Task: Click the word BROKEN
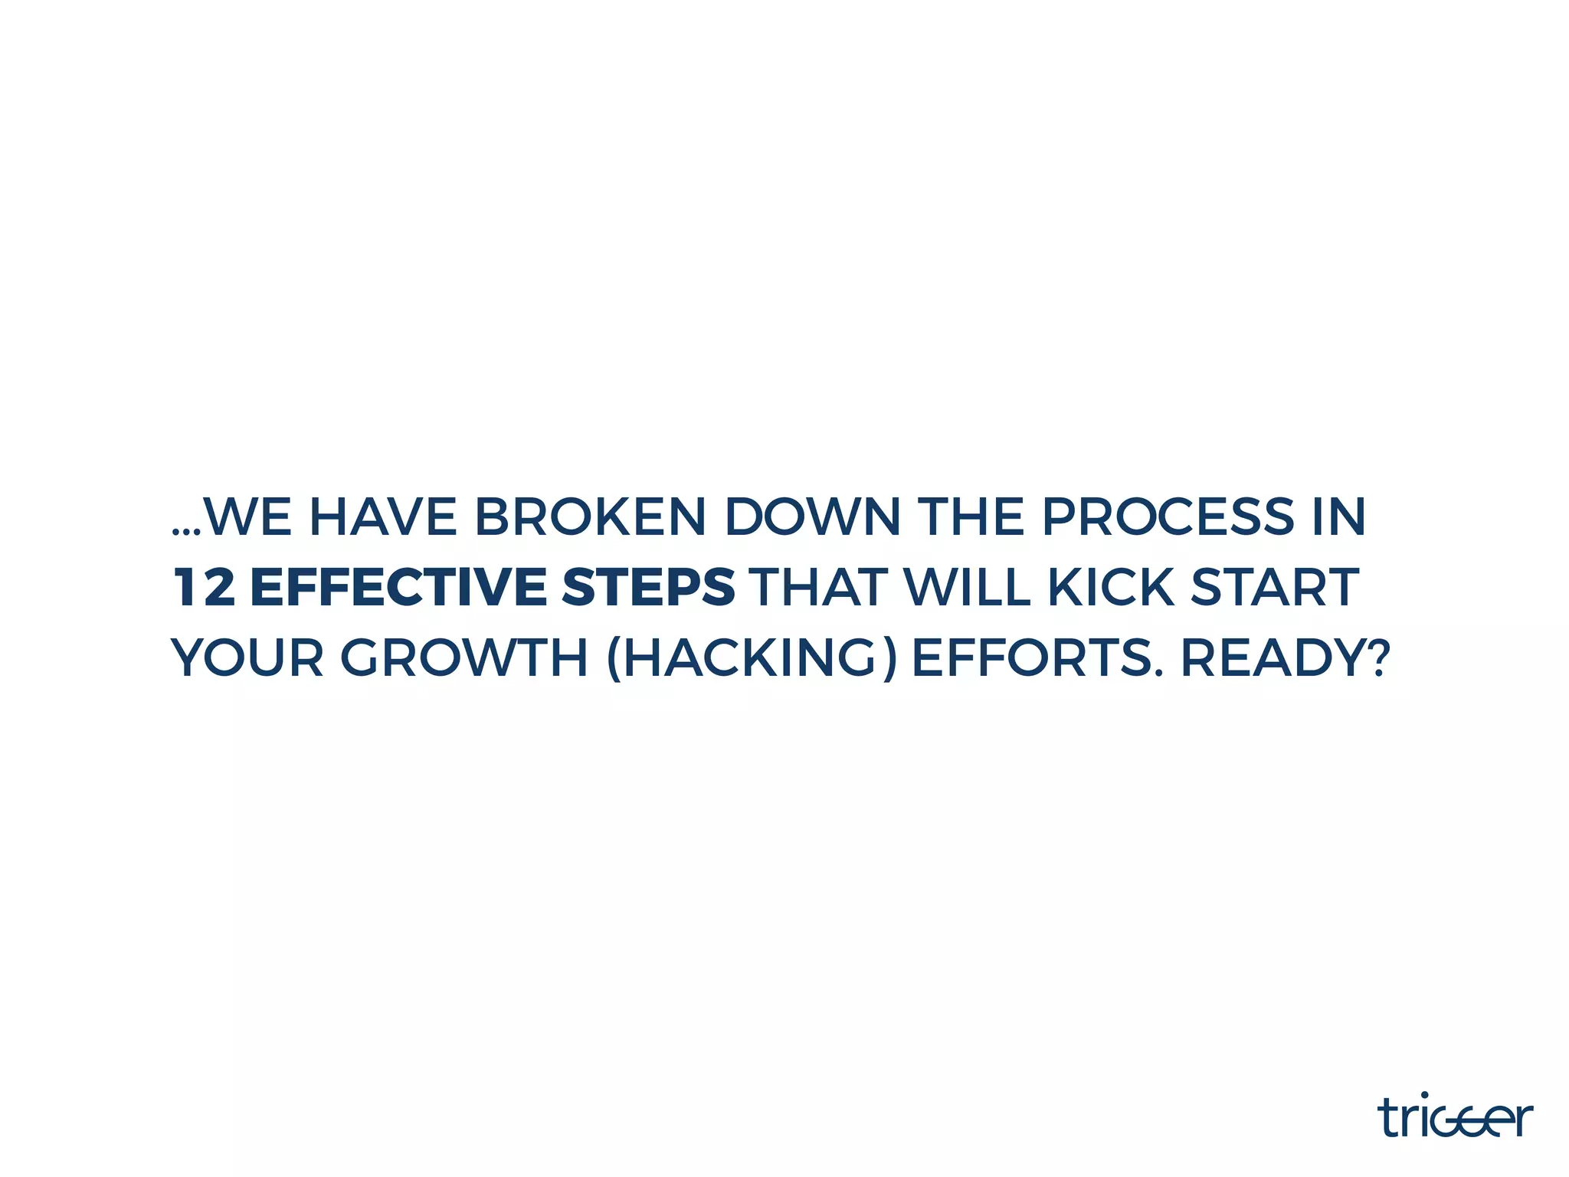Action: [589, 517]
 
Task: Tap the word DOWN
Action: [812, 517]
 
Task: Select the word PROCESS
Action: [1168, 517]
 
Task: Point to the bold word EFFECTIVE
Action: [398, 588]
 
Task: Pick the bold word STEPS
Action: [648, 588]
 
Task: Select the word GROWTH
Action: [463, 658]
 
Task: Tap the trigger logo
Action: [1455, 1116]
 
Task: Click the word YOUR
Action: [247, 658]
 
